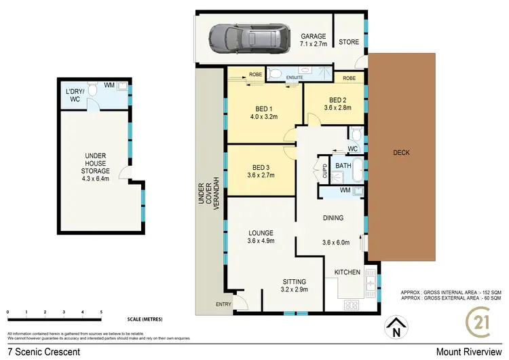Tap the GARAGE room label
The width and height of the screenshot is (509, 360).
tap(314, 37)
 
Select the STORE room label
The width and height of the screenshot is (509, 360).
tap(350, 42)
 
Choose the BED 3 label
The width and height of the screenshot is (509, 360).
tap(261, 167)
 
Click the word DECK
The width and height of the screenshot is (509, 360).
tap(401, 152)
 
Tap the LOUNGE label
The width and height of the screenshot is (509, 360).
tap(261, 232)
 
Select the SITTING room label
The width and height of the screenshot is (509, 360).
tap(295, 281)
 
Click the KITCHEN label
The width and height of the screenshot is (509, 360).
tap(347, 272)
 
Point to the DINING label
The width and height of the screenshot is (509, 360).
tap(333, 218)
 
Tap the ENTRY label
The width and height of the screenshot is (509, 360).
tap(223, 304)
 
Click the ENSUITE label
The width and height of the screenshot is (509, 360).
tap(294, 78)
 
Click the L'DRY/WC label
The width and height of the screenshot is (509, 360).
tap(73, 96)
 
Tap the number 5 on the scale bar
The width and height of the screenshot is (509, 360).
tap(101, 312)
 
